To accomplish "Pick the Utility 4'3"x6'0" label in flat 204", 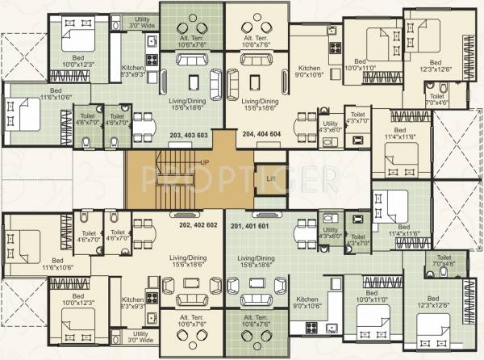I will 330,126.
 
